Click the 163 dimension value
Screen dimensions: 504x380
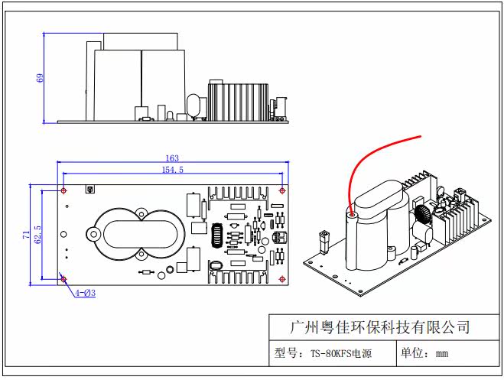click(x=172, y=158)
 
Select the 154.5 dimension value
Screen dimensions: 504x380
click(x=173, y=170)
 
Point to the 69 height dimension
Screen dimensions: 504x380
click(x=40, y=78)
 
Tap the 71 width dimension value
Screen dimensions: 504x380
click(x=26, y=235)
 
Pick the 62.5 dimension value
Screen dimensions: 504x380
click(x=37, y=235)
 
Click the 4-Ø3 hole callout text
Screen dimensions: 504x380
click(x=86, y=293)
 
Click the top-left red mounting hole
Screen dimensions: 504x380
click(x=63, y=191)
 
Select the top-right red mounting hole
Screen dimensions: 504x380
click(x=282, y=191)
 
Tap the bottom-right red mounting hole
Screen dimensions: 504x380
click(x=282, y=279)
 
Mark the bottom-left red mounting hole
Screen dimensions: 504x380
click(x=63, y=279)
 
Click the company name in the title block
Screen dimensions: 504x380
click(x=380, y=327)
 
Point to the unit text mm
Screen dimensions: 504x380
click(x=442, y=354)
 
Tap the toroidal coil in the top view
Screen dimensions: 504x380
click(x=217, y=235)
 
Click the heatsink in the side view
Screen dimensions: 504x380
click(x=239, y=102)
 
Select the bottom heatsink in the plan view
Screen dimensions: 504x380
click(x=238, y=276)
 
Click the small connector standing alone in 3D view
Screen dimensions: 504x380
click(x=324, y=242)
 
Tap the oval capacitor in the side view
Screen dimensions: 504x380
click(x=193, y=106)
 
